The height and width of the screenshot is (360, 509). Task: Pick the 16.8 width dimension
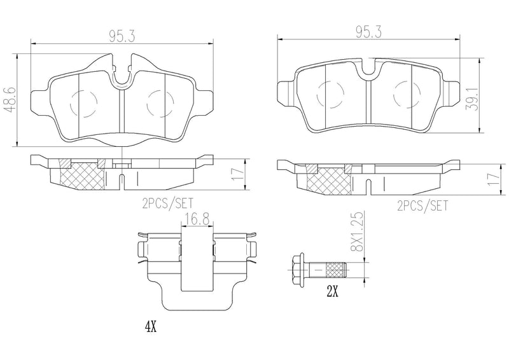pos(197,220)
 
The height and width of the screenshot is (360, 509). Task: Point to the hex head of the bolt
pos(296,272)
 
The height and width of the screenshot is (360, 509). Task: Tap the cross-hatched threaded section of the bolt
pos(335,272)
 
